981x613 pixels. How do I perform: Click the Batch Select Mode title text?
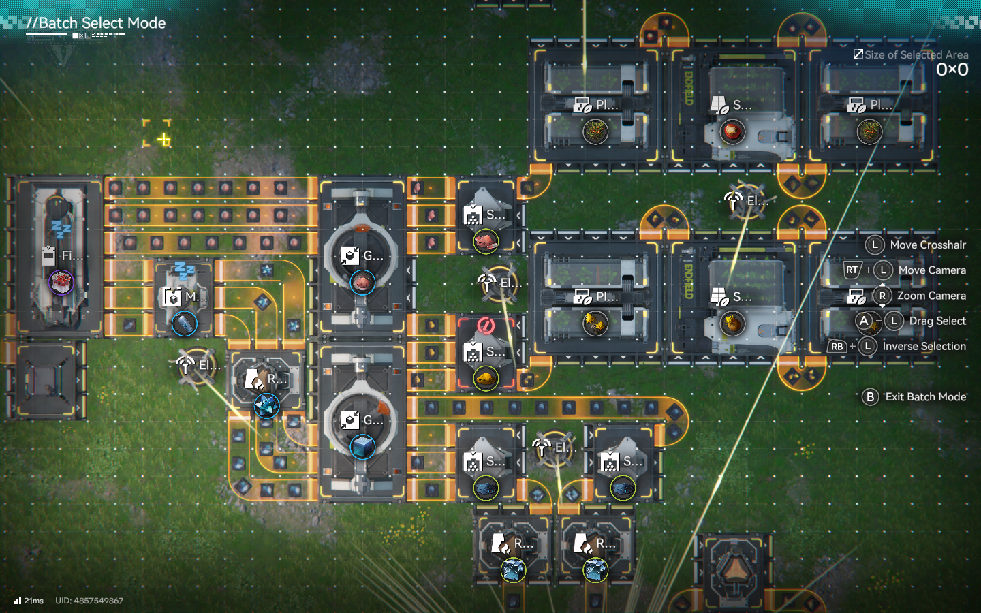pyautogui.click(x=102, y=23)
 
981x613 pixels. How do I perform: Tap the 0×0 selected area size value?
pyautogui.click(x=952, y=69)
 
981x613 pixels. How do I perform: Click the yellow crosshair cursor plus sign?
pyautogui.click(x=163, y=140)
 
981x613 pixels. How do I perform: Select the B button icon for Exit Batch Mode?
pyautogui.click(x=870, y=397)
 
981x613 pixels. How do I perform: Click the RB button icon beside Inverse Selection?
pyautogui.click(x=837, y=347)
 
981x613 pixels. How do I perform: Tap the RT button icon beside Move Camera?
pyautogui.click(x=852, y=270)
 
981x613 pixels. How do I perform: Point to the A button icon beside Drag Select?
pyautogui.click(x=864, y=321)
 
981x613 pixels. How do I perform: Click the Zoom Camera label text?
pyautogui.click(x=931, y=296)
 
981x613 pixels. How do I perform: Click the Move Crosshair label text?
pyautogui.click(x=928, y=245)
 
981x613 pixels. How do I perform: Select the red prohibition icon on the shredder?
pyautogui.click(x=485, y=326)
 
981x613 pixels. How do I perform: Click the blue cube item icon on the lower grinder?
pyautogui.click(x=362, y=447)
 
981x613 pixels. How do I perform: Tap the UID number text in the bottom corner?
pyautogui.click(x=89, y=601)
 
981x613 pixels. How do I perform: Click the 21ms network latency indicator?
pyautogui.click(x=29, y=601)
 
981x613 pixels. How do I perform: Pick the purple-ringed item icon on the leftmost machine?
pyautogui.click(x=61, y=281)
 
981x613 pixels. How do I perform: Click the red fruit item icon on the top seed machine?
pyautogui.click(x=732, y=131)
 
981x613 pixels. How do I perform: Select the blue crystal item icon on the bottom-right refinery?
pyautogui.click(x=595, y=570)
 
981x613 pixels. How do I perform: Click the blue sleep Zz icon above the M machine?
pyautogui.click(x=184, y=270)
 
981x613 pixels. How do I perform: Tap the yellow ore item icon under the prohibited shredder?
pyautogui.click(x=485, y=378)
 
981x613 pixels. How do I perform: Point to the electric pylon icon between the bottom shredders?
pyautogui.click(x=542, y=447)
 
